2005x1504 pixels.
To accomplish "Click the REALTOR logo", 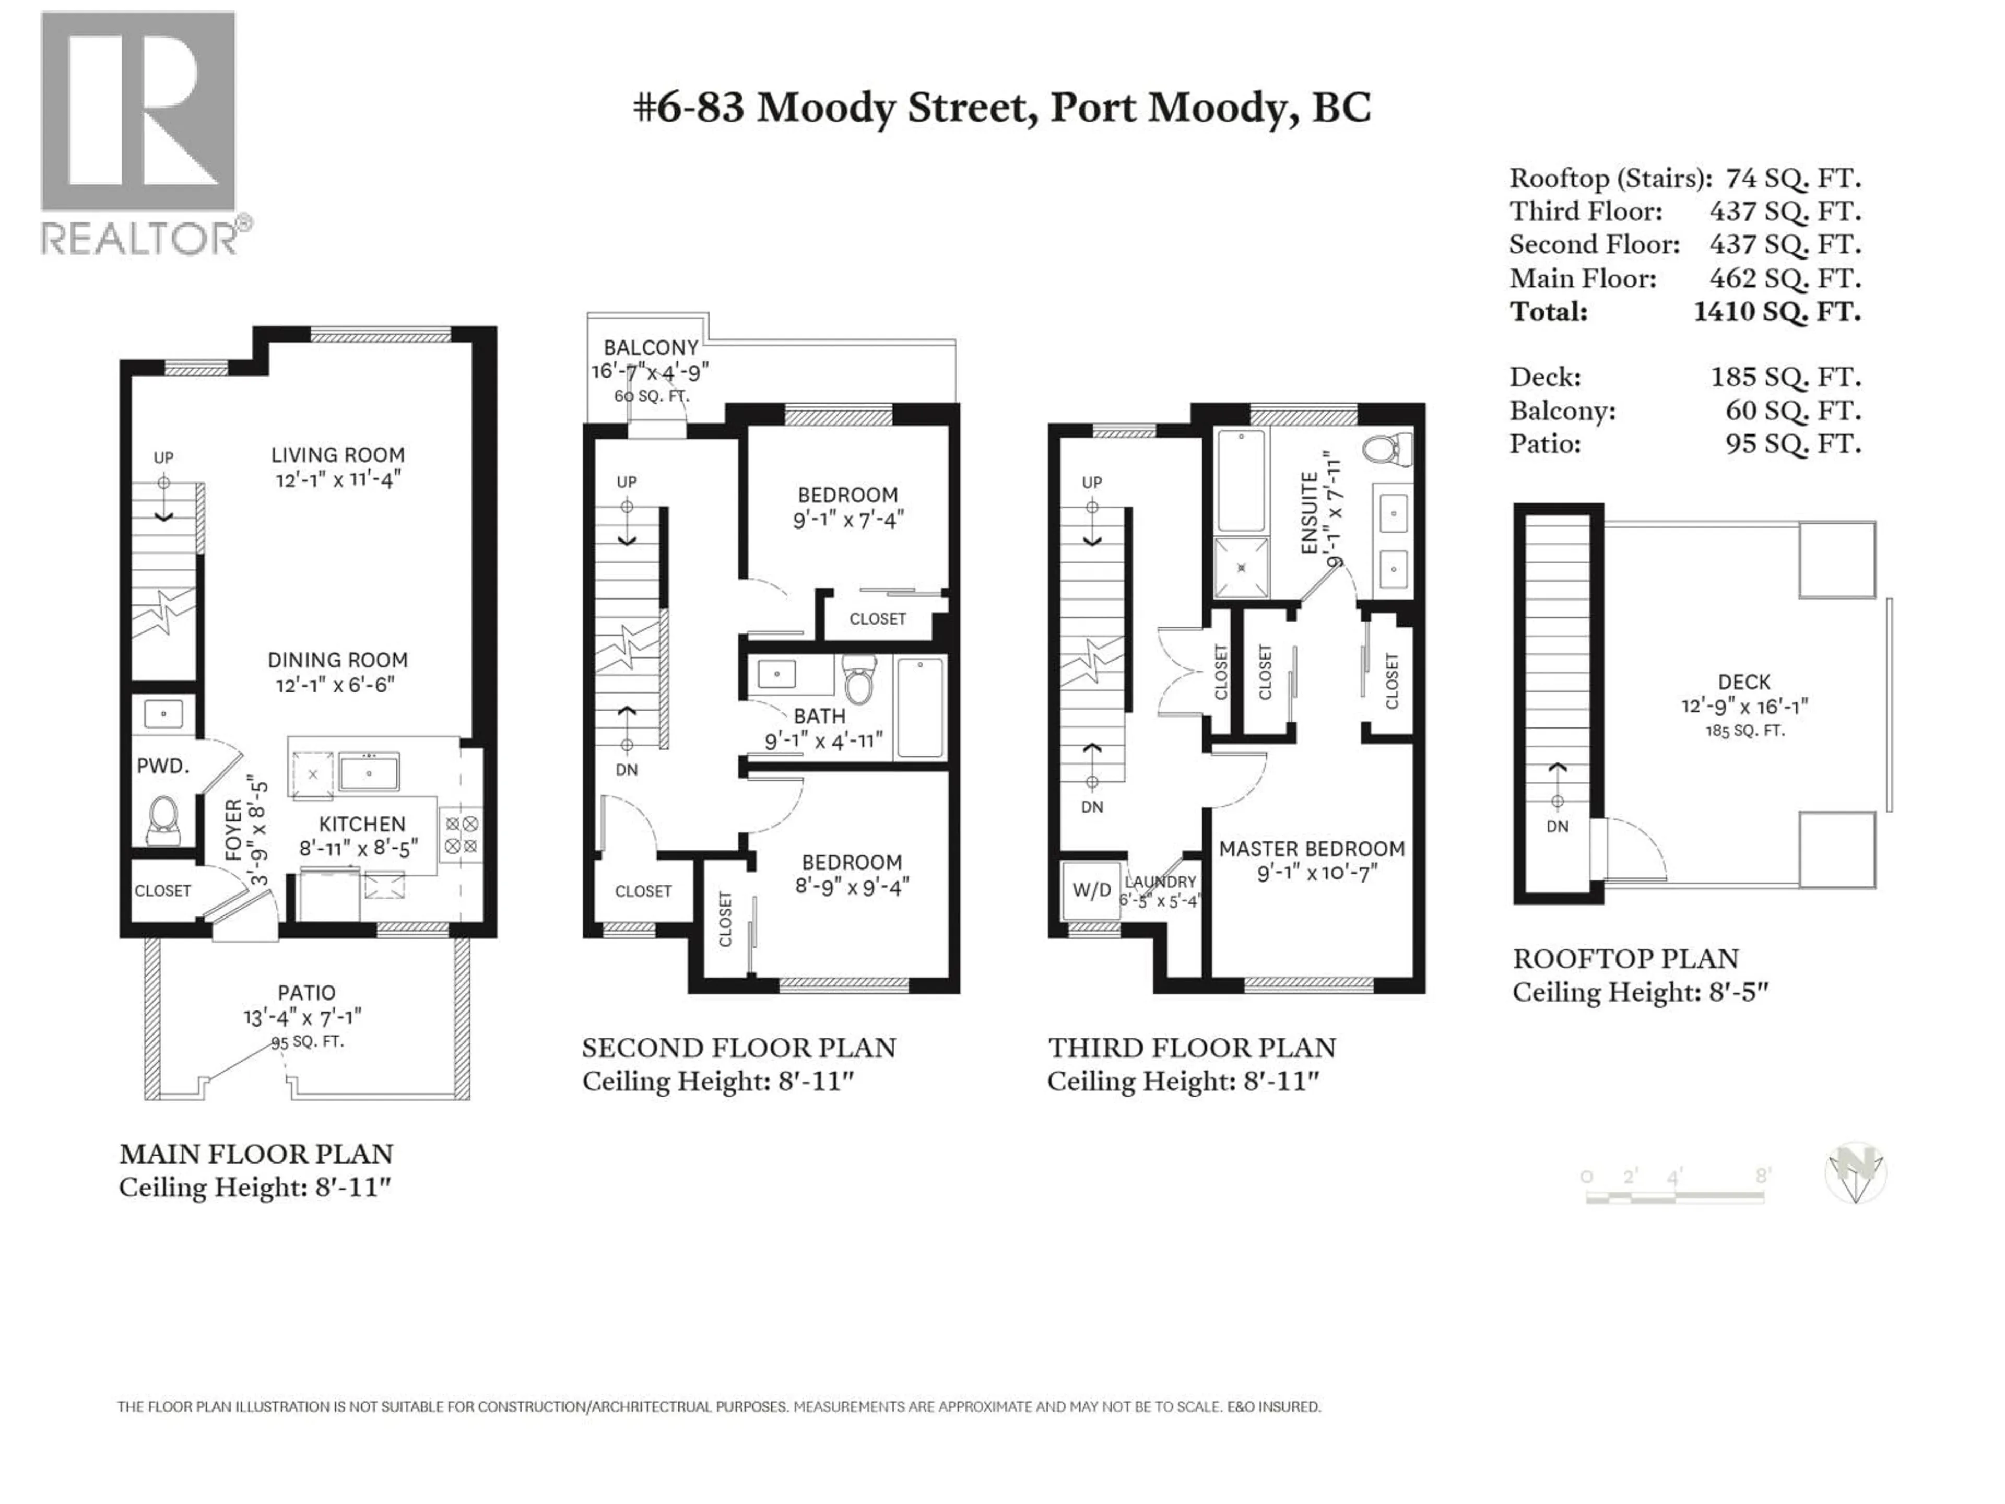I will (x=140, y=132).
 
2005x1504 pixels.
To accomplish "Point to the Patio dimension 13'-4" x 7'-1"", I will (x=303, y=1017).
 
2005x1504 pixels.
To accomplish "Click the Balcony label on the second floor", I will (x=651, y=347).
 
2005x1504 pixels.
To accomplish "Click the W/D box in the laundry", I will (x=1091, y=889).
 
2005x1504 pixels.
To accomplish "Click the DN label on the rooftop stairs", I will (x=1556, y=826).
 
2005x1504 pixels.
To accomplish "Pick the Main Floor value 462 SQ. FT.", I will (x=1784, y=278).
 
